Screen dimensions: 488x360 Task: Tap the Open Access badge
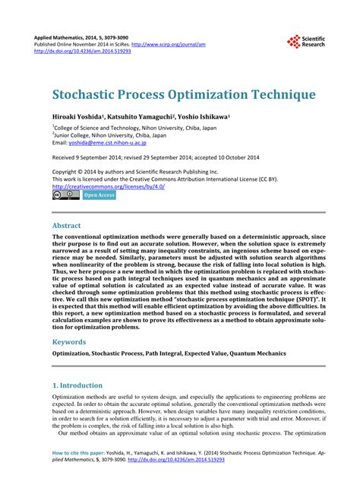[x=99, y=195]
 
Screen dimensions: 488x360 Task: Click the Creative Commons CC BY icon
[x=66, y=195]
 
